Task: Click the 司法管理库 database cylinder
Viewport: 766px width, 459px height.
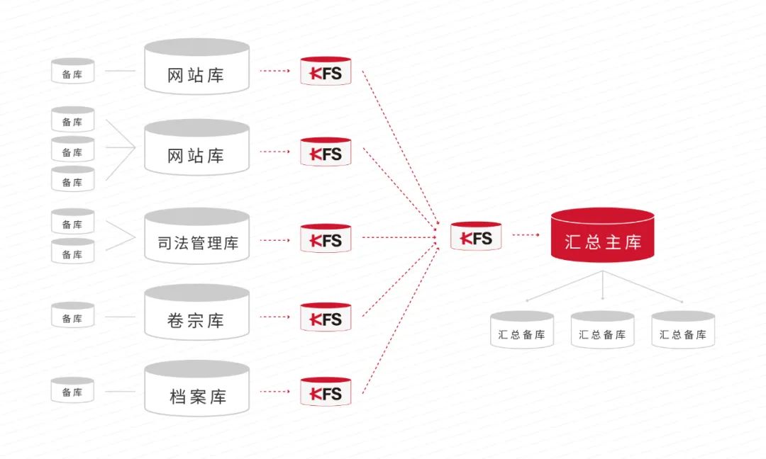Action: pyautogui.click(x=197, y=241)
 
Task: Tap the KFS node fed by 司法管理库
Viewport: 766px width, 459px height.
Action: pyautogui.click(x=326, y=239)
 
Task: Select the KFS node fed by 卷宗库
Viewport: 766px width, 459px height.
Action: pyautogui.click(x=326, y=317)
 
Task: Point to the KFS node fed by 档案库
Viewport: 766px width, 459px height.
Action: pyautogui.click(x=326, y=392)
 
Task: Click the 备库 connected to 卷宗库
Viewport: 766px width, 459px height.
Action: pyautogui.click(x=72, y=317)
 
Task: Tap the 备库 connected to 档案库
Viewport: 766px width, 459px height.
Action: pyautogui.click(x=72, y=391)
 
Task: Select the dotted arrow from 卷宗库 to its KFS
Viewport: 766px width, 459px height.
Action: pyautogui.click(x=274, y=317)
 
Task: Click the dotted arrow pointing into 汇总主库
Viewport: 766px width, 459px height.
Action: pyautogui.click(x=526, y=235)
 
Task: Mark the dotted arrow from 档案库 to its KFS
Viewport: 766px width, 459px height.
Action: pyautogui.click(x=274, y=392)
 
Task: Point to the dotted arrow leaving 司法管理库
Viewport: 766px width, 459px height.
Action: pyautogui.click(x=274, y=240)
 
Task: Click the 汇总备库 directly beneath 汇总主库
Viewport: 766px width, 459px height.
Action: pyautogui.click(x=603, y=331)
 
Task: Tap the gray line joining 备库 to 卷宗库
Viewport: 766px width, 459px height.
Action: pyautogui.click(x=119, y=317)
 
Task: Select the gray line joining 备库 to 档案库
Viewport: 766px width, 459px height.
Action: pyautogui.click(x=119, y=392)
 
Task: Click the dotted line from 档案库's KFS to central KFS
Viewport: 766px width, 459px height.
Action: pyautogui.click(x=401, y=319)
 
